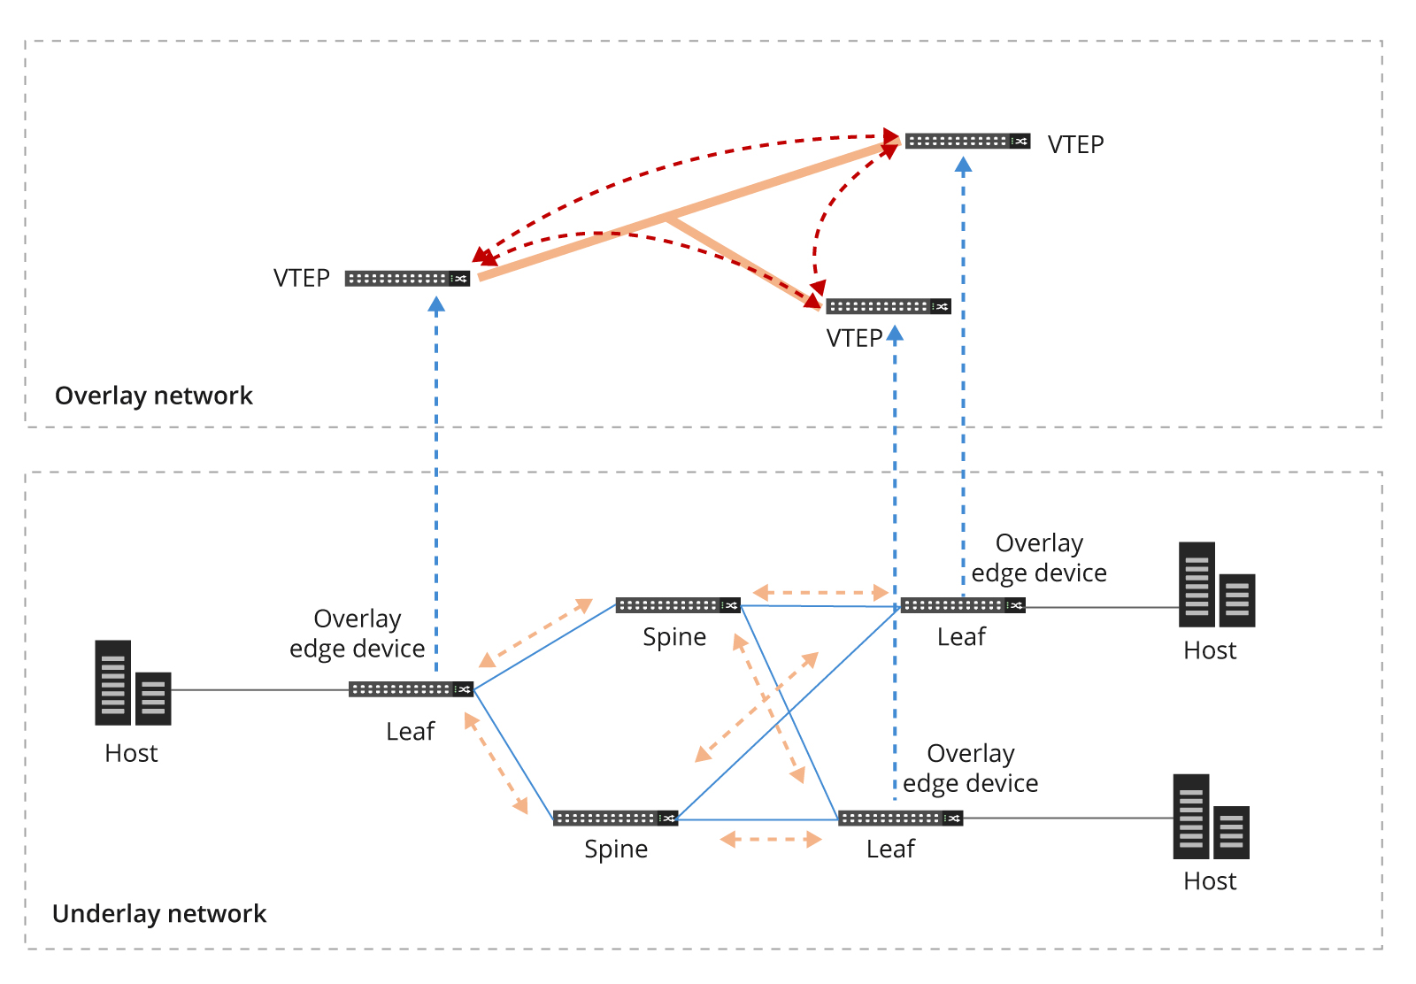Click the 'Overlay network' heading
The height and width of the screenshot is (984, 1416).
pyautogui.click(x=154, y=396)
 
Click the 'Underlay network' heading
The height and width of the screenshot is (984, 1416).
pyautogui.click(x=159, y=913)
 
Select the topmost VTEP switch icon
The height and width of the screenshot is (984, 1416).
pyautogui.click(x=967, y=142)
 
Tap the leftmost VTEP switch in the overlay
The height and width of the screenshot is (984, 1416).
pyautogui.click(x=407, y=279)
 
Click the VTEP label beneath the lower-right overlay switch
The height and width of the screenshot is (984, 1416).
pyautogui.click(x=854, y=338)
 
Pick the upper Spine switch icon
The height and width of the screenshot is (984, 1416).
pyautogui.click(x=678, y=605)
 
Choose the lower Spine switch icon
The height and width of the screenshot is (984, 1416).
pyautogui.click(x=615, y=819)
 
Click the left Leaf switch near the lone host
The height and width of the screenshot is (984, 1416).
pyautogui.click(x=411, y=689)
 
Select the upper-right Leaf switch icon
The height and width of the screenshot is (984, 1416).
pyautogui.click(x=963, y=605)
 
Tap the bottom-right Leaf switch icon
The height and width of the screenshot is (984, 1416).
pyautogui.click(x=900, y=819)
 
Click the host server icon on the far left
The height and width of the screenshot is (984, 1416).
pyautogui.click(x=133, y=683)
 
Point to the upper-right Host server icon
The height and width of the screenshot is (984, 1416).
pyautogui.click(x=1216, y=585)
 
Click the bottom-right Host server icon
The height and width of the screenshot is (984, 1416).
pyautogui.click(x=1211, y=817)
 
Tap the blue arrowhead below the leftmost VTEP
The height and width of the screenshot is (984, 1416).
pyautogui.click(x=436, y=305)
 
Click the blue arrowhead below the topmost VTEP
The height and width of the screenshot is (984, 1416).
pyautogui.click(x=964, y=165)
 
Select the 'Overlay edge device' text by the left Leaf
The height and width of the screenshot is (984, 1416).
pyautogui.click(x=358, y=634)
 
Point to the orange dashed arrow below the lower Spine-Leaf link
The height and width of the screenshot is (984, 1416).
pyautogui.click(x=771, y=839)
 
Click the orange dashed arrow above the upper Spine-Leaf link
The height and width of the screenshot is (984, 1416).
pyautogui.click(x=820, y=593)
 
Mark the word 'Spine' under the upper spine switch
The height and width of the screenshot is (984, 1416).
pyautogui.click(x=674, y=637)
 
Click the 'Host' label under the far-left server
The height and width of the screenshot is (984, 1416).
pyautogui.click(x=131, y=753)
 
